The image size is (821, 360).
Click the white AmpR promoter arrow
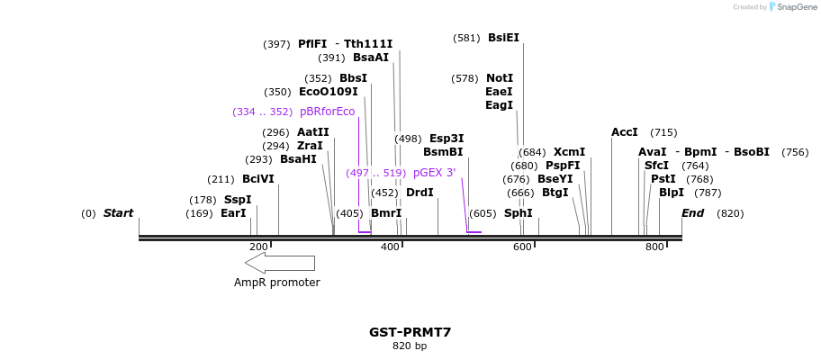pos(280,263)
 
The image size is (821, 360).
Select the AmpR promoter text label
pos(276,283)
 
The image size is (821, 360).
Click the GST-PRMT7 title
pos(410,332)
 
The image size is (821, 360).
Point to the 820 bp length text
pos(410,346)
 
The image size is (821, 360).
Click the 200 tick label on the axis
pos(258,247)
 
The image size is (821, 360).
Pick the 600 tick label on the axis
pos(523,247)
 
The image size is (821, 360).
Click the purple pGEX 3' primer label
pos(434,173)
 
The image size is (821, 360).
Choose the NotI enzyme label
pos(500,78)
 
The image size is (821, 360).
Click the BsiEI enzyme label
pos(503,38)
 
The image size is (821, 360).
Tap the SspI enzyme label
pos(238,200)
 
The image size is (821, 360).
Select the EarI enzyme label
pos(233,213)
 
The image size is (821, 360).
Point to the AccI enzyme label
pos(625,132)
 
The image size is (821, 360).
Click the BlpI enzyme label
pos(672,193)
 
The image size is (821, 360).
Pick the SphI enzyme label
pos(518,213)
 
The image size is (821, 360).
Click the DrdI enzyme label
pos(420,193)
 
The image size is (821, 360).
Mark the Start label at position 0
pos(118,213)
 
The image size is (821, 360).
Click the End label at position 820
pos(692,213)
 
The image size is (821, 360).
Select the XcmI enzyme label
pos(569,152)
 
